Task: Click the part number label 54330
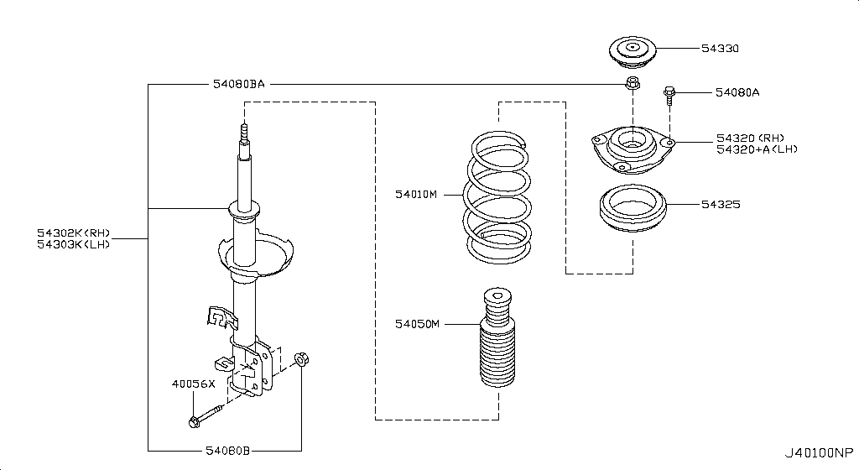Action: [x=720, y=49]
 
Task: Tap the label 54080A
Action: [x=737, y=92]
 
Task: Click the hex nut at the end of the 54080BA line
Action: [x=632, y=84]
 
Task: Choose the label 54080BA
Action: [x=238, y=85]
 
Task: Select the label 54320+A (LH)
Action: [x=757, y=149]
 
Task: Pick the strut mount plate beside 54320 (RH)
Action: [x=631, y=148]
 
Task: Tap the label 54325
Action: [x=720, y=204]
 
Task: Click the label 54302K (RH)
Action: [x=73, y=233]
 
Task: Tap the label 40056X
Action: [x=193, y=384]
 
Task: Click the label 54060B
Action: [x=227, y=451]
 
